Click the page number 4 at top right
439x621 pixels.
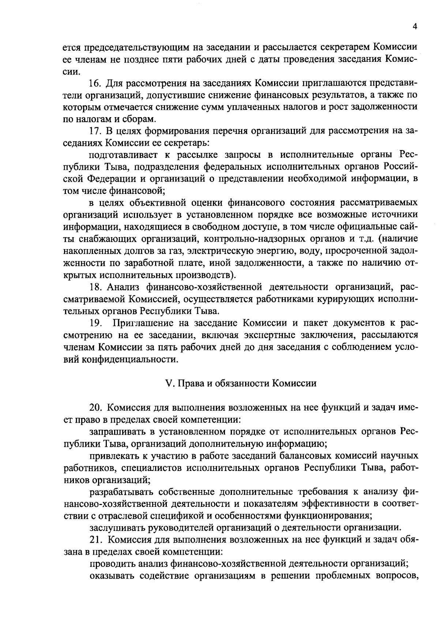tap(414, 27)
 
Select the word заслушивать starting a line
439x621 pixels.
tap(117, 527)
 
